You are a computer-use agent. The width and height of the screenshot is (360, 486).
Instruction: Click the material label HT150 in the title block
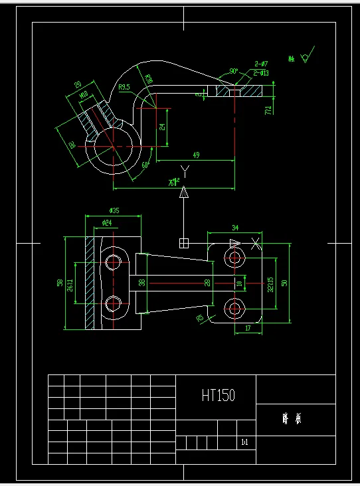pos(219,396)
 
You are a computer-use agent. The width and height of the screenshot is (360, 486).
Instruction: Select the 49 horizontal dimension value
pos(196,155)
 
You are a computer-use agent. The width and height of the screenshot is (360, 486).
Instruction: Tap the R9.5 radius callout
pos(124,87)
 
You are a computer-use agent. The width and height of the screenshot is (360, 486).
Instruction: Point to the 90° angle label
pos(234,71)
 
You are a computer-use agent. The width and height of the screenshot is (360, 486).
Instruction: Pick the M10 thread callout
pos(84,96)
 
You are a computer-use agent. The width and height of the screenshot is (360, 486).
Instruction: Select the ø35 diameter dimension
pos(114,210)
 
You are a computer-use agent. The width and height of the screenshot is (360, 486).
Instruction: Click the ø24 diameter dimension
pos(106,222)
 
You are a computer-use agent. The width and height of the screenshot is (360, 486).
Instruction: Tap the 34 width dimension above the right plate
pos(234,227)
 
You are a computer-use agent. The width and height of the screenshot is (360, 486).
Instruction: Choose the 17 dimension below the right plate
pos(248,327)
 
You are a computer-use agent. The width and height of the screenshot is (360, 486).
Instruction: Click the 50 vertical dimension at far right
pos(284,282)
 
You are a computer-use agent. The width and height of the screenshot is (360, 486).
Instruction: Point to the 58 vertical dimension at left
pos(60,282)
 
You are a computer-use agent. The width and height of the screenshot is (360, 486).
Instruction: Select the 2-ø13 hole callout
pos(261,72)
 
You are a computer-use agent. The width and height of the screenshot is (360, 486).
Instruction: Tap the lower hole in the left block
pos(112,303)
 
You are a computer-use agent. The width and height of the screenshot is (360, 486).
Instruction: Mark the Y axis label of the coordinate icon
pos(185,172)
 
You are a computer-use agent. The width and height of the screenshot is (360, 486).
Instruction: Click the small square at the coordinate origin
pos(184,243)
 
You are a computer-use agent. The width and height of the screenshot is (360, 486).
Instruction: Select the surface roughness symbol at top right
pos(305,58)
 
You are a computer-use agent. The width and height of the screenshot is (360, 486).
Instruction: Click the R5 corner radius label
pos(199,318)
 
